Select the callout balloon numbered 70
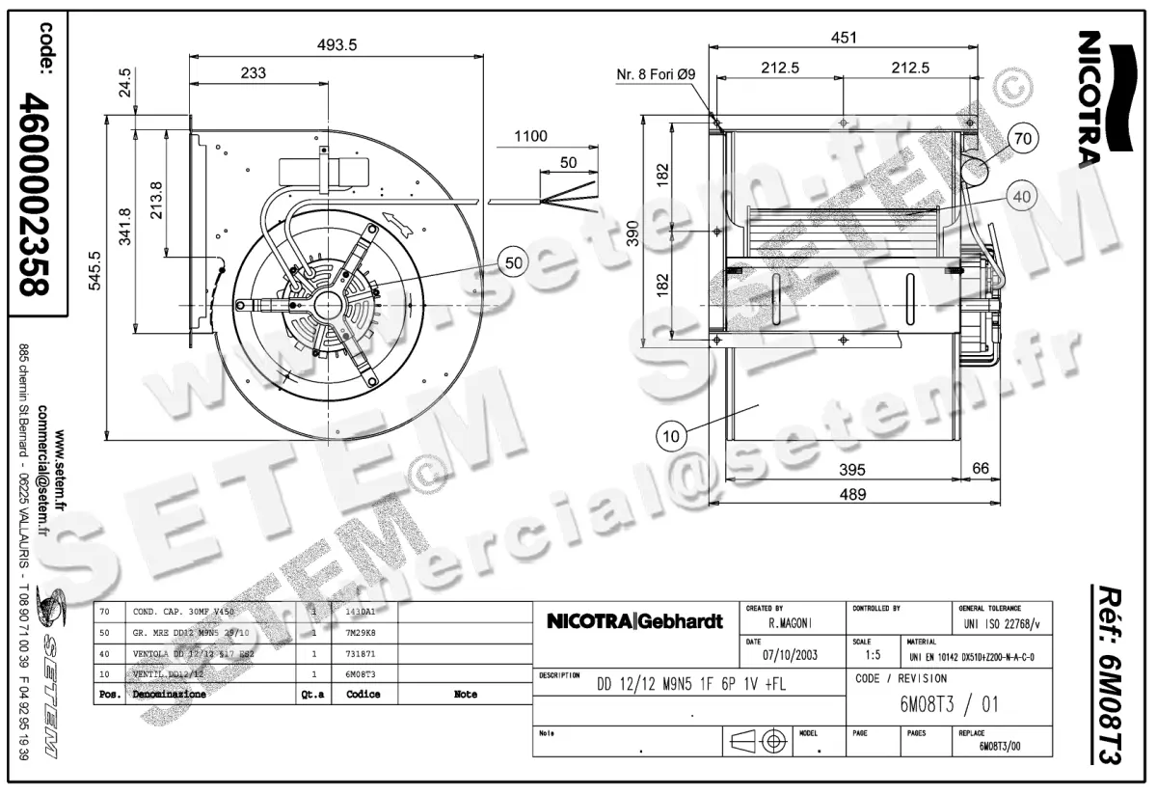[1023, 139]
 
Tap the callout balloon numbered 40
[1023, 196]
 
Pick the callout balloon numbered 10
[672, 436]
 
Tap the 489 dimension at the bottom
[846, 494]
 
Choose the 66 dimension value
[980, 469]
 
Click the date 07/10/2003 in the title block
[790, 655]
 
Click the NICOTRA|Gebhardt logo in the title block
[634, 622]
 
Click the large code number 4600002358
[40, 194]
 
